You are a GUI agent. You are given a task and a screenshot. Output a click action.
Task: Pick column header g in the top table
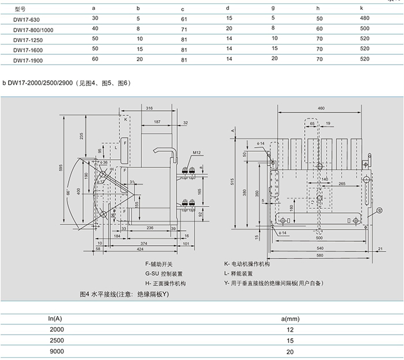coord(273,9)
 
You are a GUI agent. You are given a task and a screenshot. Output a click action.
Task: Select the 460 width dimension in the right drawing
coord(321,108)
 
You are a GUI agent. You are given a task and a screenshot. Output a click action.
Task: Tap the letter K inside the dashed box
coord(125,119)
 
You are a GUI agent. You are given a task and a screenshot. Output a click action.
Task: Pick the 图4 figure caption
coord(124,294)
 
